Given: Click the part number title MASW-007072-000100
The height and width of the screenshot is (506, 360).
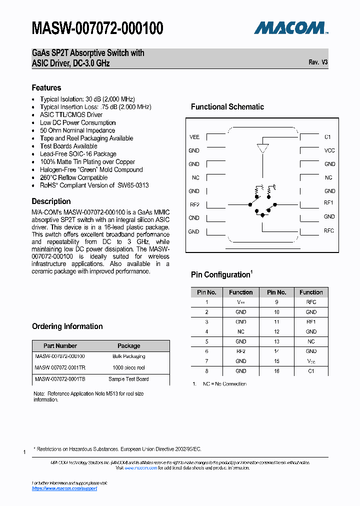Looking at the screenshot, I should tap(97, 28).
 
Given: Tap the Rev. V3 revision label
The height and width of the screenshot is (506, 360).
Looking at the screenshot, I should tap(318, 62).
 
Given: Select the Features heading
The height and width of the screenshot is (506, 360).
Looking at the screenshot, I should tap(46, 87).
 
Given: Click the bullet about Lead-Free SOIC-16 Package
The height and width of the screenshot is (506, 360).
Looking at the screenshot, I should tap(78, 154).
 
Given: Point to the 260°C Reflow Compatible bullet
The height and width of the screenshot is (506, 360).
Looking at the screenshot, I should tap(73, 177).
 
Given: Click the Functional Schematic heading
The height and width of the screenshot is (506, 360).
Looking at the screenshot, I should tap(227, 106).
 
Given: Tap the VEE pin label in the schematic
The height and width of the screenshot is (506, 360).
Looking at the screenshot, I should tap(194, 137).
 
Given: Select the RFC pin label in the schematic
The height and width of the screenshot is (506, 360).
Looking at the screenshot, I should tap(328, 230).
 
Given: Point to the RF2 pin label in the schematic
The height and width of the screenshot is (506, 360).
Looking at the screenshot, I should tap(194, 204).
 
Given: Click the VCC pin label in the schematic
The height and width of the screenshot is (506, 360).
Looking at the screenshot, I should tap(329, 150).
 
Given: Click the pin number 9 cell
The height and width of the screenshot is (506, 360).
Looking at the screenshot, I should tap(276, 302).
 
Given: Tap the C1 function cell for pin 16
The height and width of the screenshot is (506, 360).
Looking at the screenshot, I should tap(311, 371).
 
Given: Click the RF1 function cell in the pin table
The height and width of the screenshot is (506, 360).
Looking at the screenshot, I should tap(311, 322).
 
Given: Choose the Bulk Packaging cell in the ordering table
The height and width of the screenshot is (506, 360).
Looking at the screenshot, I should tap(128, 356).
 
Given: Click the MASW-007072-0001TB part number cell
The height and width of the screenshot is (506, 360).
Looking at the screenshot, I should tap(60, 379).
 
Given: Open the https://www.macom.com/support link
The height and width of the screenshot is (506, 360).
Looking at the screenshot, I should tap(64, 488).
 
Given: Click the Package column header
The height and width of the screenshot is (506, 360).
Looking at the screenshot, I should tap(128, 345).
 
